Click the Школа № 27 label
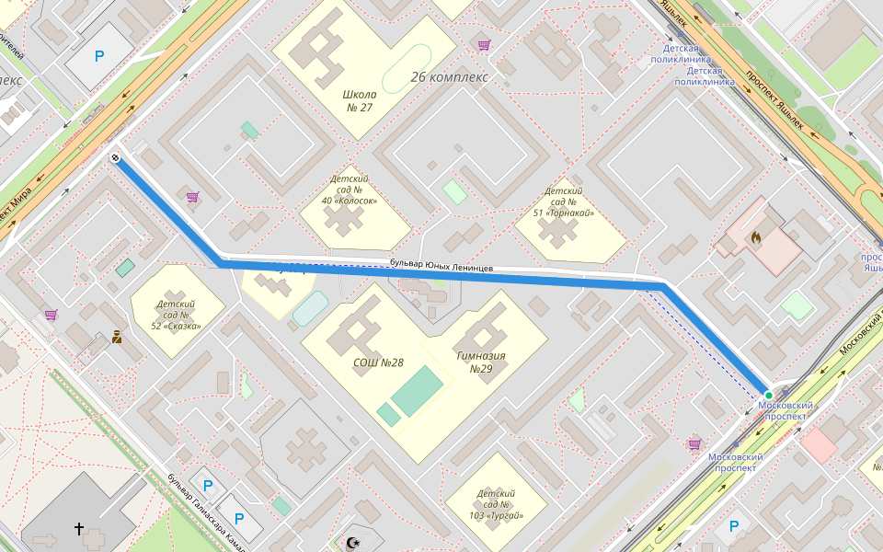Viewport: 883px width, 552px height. tap(359, 101)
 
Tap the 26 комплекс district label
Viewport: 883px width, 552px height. tap(449, 77)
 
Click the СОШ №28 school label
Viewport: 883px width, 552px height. tap(378, 362)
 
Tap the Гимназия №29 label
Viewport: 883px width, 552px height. tap(481, 362)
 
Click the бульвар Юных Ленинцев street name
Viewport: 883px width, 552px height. tap(441, 267)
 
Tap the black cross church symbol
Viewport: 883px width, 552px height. tap(79, 529)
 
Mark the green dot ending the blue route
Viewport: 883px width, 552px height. tap(769, 395)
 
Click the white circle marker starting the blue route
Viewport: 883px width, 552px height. tap(116, 158)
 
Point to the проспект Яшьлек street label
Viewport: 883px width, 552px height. tap(774, 99)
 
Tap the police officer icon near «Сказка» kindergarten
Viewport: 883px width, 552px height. tap(117, 337)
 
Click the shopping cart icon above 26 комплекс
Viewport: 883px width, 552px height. tap(484, 44)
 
